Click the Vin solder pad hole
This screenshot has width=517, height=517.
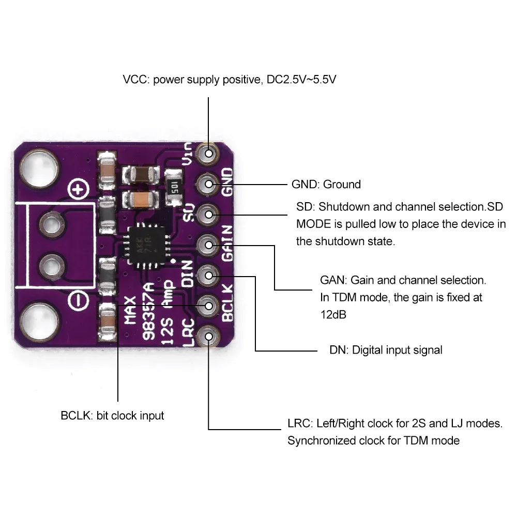tap(209, 153)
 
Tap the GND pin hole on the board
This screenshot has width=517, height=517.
tap(209, 183)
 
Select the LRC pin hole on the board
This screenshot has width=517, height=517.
tap(209, 337)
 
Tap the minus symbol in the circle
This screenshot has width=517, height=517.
tap(78, 299)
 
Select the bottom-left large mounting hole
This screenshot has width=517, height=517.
tap(37, 321)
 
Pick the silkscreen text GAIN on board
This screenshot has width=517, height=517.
tap(227, 243)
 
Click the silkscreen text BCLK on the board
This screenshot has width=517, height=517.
tap(227, 303)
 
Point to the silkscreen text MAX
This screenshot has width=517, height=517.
tap(130, 309)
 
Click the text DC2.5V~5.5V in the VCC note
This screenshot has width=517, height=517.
tap(302, 80)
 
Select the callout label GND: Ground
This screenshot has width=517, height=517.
tap(326, 184)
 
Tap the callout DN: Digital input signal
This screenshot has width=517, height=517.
tap(386, 350)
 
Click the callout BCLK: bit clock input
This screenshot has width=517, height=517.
tap(112, 415)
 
